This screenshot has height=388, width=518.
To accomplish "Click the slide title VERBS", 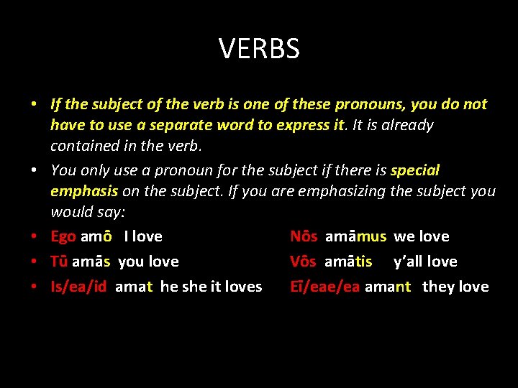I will (259, 49).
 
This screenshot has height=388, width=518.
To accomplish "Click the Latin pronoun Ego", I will (63, 236).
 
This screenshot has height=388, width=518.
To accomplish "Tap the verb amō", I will (96, 236).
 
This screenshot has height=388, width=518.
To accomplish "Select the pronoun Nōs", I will (304, 236).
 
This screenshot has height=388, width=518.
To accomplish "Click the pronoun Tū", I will (60, 262).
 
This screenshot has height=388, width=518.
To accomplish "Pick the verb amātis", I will (348, 262).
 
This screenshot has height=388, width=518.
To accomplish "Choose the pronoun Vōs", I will (304, 262).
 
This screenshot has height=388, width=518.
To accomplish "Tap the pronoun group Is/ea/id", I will (78, 287).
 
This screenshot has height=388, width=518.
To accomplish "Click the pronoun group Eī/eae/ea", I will (324, 287).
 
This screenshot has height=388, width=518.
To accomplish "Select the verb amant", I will (388, 287).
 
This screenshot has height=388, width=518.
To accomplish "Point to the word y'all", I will (408, 262).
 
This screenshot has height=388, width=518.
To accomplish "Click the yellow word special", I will (414, 170).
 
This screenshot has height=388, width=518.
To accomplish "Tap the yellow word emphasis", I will (84, 191).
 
